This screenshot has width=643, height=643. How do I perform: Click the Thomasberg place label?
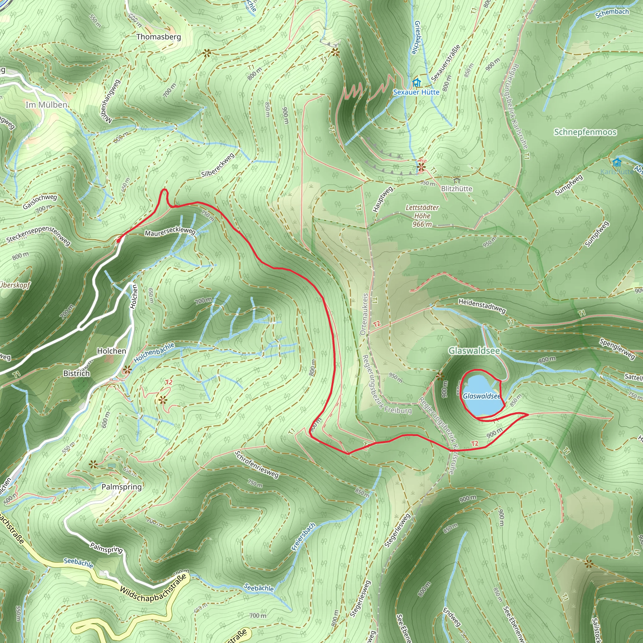coord(159,37)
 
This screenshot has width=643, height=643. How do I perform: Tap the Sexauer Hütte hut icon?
coord(416,82)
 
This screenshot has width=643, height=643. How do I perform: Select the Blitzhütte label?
coord(457,189)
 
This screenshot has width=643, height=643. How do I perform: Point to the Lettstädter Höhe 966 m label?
coord(422,216)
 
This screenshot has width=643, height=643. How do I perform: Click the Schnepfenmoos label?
coord(585,132)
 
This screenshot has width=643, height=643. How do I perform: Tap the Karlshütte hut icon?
coord(617,162)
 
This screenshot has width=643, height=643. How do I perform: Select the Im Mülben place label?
coord(46,105)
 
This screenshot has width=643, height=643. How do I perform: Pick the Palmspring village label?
coord(122,487)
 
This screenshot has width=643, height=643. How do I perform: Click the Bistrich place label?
coord(77,373)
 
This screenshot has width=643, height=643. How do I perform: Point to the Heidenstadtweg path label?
coord(482,306)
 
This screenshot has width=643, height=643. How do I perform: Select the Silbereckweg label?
coord(218,165)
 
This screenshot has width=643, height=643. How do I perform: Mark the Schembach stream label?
coord(612,13)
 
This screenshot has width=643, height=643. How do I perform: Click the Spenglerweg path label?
coord(617,349)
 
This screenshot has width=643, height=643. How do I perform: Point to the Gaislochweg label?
coord(40,202)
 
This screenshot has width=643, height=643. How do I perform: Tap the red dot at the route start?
coord(118,240)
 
